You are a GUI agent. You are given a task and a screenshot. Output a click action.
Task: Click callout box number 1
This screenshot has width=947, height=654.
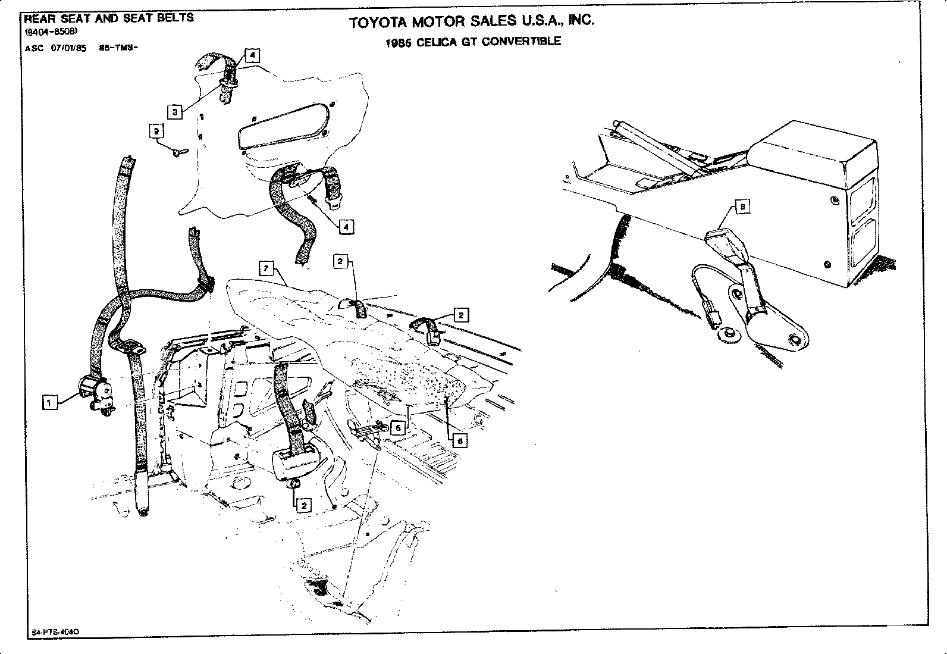click(50, 403)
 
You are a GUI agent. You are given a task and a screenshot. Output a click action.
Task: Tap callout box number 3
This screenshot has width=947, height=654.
click(174, 112)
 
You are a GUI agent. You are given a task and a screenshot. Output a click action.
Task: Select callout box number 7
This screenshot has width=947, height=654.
click(266, 268)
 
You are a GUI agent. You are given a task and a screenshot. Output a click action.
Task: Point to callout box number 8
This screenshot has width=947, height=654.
click(743, 207)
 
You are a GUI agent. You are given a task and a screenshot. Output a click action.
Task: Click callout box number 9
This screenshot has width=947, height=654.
click(156, 131)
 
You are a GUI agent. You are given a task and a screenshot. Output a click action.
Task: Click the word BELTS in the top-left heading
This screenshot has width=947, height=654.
click(176, 18)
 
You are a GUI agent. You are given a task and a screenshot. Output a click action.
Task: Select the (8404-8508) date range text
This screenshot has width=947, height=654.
click(49, 33)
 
